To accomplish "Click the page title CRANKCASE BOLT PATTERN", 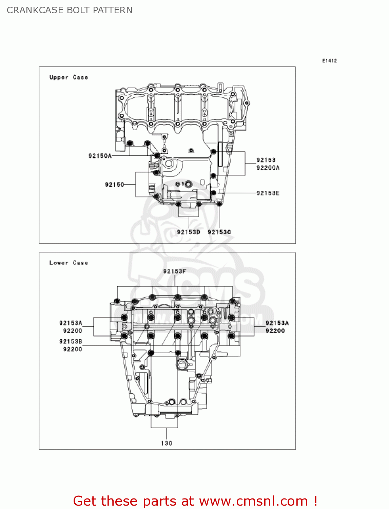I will click(70, 10).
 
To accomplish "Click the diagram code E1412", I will click(329, 61).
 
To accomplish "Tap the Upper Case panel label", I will click(69, 77).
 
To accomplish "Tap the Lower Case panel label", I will click(69, 263).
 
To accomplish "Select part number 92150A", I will click(100, 156).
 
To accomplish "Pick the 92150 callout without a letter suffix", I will click(114, 185).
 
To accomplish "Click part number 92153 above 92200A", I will click(266, 160).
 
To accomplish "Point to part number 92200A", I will click(268, 168).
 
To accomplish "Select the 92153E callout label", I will click(268, 193).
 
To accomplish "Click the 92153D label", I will click(189, 232).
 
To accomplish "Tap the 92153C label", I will click(219, 232).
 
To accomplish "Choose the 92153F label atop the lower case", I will click(175, 271).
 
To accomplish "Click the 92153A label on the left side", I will click(71, 323).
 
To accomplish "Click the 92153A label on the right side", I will click(277, 323).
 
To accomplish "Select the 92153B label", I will click(71, 342).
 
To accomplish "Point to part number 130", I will click(167, 444).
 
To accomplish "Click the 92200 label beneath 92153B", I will click(73, 350).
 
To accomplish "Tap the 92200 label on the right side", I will click(275, 331).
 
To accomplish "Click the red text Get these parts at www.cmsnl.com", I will click(195, 501).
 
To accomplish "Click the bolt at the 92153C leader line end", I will click(219, 204).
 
